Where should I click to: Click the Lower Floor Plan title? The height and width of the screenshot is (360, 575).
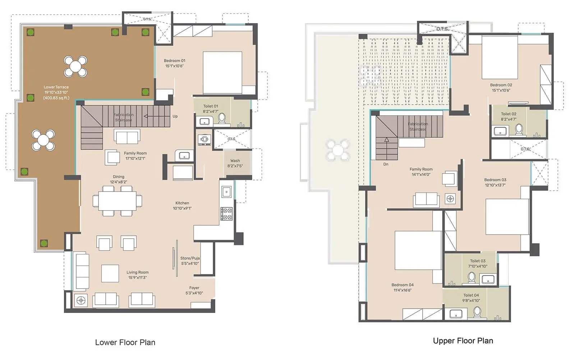tap(125, 342)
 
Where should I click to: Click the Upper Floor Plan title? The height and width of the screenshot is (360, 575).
tap(463, 341)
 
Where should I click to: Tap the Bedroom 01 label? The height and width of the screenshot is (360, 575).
tap(175, 61)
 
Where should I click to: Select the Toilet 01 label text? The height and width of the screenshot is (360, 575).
tap(211, 106)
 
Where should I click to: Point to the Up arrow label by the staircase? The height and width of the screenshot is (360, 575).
tap(175, 116)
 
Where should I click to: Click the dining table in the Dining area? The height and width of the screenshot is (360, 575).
tap(117, 201)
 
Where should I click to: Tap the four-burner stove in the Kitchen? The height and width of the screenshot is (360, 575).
tap(226, 213)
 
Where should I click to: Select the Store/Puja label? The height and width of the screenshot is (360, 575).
tap(190, 258)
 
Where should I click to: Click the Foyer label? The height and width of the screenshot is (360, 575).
tap(194, 288)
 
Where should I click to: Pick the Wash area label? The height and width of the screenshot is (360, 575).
tap(235, 161)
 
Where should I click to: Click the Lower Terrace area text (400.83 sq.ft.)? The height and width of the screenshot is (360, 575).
tap(56, 98)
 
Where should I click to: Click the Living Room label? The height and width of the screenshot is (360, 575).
tap(137, 272)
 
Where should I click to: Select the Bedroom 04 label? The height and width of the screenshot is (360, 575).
tap(402, 285)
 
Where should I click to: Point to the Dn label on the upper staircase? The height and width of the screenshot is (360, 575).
tap(386, 164)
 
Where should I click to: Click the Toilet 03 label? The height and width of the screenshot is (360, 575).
tap(478, 261)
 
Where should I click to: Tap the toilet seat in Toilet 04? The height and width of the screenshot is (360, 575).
tap(477, 312)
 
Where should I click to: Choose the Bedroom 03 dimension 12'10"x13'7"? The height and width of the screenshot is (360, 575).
tap(495, 185)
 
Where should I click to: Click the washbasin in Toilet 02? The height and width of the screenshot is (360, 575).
tap(500, 131)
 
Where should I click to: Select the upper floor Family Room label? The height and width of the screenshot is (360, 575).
tap(421, 169)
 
